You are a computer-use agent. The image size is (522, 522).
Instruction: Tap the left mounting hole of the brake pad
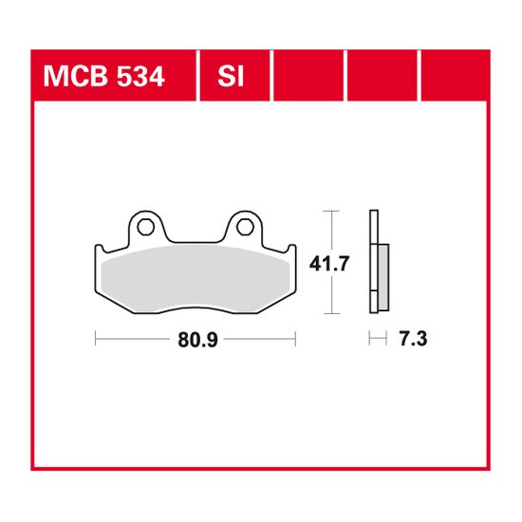144,227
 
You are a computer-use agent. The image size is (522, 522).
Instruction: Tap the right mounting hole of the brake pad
246,227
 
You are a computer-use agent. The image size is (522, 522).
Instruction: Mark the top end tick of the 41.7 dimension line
329,211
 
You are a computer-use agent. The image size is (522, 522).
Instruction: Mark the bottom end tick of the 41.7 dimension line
329,313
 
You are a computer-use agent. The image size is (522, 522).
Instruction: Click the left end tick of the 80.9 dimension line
96,338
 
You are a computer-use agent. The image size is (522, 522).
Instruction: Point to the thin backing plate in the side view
373,261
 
